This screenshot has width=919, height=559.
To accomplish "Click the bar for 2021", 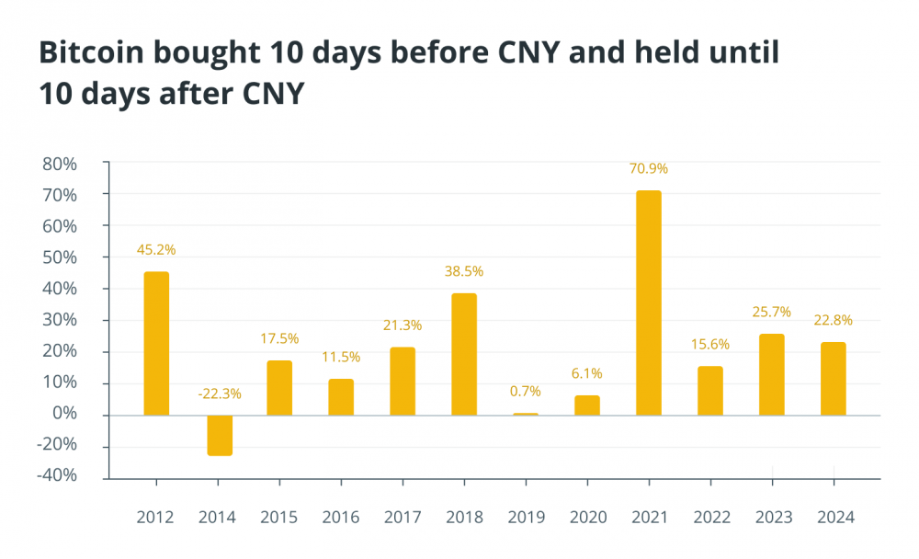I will tap(648, 302).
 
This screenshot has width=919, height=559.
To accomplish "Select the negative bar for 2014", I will tap(219, 435).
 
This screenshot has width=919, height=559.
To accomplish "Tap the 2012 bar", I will tap(156, 343).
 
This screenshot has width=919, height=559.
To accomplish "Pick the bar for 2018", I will tap(463, 354).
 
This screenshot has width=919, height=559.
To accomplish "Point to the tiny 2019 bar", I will tap(525, 414).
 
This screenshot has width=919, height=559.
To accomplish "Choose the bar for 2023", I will tap(771, 374).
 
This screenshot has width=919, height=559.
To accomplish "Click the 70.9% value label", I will tap(648, 168).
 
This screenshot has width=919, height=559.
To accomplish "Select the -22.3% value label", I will tap(219, 394).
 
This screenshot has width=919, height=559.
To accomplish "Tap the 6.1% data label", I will tap(586, 373).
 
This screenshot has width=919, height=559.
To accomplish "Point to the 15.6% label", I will tap(709, 344).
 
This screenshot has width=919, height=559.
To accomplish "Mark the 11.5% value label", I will tap(341, 357).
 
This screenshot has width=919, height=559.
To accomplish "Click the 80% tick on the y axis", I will tap(59, 164).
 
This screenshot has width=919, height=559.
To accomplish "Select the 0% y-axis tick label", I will tap(64, 415).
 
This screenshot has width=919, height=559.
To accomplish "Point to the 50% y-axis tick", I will tap(59, 257).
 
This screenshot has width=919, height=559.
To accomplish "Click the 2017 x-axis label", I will tap(402, 517).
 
